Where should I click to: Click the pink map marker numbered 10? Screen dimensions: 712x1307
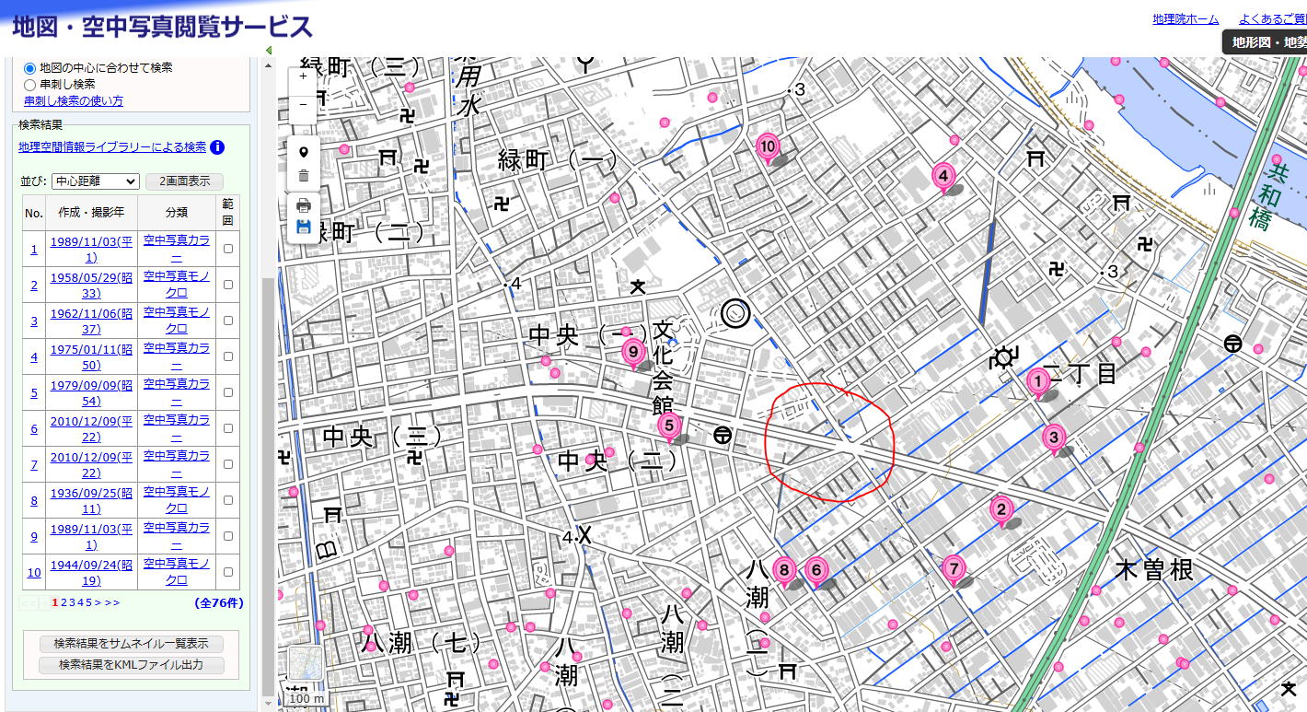(768, 146)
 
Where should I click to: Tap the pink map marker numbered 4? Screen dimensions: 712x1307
(942, 175)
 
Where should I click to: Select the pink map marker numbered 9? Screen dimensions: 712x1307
(632, 350)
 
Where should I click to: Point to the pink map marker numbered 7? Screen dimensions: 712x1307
(954, 567)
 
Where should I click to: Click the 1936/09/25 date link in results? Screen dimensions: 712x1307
(91, 500)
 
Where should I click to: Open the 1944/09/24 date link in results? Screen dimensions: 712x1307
(91, 572)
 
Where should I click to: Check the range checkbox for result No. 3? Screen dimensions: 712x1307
(227, 321)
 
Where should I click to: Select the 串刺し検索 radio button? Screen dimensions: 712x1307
(30, 84)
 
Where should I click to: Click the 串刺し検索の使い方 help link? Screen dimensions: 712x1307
(74, 100)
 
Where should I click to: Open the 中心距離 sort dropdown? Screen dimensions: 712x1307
(95, 181)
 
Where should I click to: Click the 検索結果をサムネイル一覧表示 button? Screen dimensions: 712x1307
(131, 643)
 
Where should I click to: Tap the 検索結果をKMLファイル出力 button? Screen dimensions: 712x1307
(131, 664)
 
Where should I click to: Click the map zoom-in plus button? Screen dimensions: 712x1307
(303, 76)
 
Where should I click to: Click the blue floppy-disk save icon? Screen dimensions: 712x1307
(303, 227)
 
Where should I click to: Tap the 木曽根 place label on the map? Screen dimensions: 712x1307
(1153, 570)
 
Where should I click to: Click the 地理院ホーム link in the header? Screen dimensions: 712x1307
(1185, 19)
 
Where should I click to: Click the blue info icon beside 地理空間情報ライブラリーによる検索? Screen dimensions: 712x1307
(217, 147)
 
